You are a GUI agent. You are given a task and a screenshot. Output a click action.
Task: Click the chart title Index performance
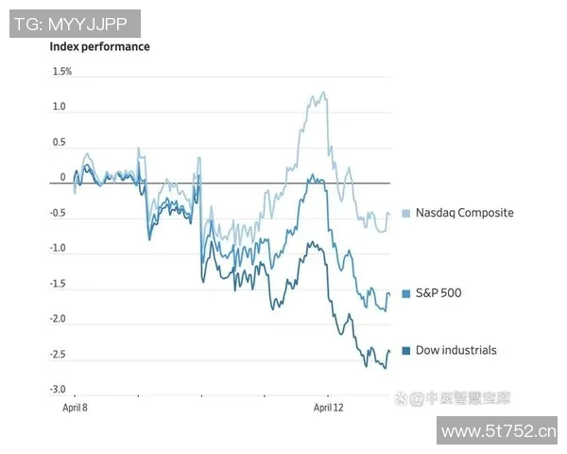(x=99, y=46)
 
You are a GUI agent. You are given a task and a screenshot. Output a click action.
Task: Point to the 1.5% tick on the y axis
(x=62, y=71)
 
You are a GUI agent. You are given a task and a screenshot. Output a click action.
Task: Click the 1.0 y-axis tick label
(x=60, y=107)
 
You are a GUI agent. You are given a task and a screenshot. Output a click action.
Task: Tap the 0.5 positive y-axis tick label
(x=60, y=143)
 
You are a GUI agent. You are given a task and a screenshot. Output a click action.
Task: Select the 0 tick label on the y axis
(x=63, y=178)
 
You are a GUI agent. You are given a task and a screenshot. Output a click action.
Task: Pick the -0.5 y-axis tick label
(x=58, y=214)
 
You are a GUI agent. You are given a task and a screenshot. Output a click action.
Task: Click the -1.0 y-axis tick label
(x=58, y=249)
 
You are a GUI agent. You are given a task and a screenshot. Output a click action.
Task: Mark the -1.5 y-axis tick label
(x=58, y=284)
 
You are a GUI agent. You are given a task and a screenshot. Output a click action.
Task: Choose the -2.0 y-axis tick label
(x=58, y=319)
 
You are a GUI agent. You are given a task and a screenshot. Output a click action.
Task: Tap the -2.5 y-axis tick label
(x=58, y=355)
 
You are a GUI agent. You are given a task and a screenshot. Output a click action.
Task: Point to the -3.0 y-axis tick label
(x=58, y=390)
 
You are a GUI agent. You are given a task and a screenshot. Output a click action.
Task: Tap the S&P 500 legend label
(x=445, y=293)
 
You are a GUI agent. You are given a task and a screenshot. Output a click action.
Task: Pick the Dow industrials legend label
(x=455, y=350)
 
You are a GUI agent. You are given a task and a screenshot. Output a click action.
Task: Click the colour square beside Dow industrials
(x=406, y=351)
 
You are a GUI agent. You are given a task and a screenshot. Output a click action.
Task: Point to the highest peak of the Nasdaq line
(x=323, y=92)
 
